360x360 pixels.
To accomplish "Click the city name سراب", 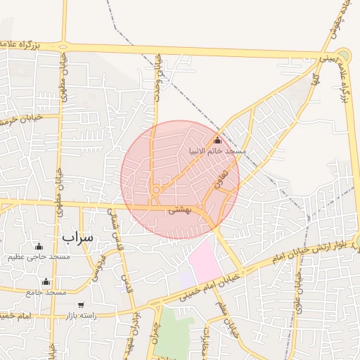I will pyautogui.click(x=77, y=237).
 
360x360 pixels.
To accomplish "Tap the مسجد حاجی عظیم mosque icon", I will pyautogui.click(x=39, y=246).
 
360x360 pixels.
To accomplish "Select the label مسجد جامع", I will pyautogui.click(x=46, y=292).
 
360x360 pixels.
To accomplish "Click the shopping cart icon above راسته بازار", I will pyautogui.click(x=82, y=305).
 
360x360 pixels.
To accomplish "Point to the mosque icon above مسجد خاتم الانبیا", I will pyautogui.click(x=217, y=140).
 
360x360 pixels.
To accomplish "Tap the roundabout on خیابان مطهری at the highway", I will pyautogui.click(x=64, y=46).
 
